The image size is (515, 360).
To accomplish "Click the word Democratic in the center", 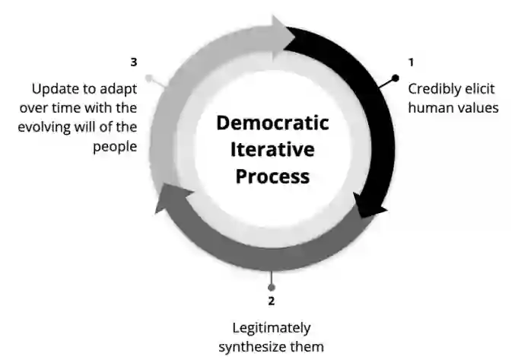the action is point(272,123).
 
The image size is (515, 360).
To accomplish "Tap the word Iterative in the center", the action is point(272,149).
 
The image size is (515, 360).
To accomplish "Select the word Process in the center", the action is point(272,176).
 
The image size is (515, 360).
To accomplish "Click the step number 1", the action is point(412,62).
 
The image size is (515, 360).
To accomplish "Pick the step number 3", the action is point(134,62).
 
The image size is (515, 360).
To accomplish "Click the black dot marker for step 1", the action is point(395,78).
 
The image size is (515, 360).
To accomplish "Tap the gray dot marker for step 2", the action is point(272,287).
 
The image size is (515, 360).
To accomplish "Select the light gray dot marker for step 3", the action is point(148,78).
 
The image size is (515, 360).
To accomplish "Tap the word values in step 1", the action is point(478,107).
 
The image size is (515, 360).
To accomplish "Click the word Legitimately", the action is point(272,328).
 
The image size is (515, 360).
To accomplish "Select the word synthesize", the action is point(256,347).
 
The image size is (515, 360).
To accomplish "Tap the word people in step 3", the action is point(115,146).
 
